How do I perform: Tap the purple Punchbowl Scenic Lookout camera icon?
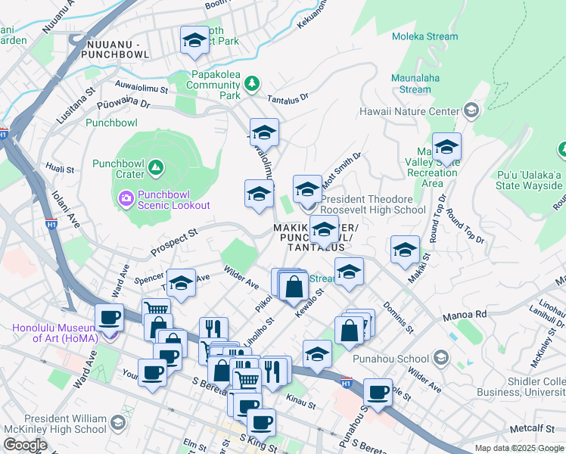(126, 199)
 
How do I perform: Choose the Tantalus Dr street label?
(288, 98)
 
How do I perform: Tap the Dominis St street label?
(398, 318)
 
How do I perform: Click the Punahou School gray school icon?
(440, 358)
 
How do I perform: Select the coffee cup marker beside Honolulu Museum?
(109, 318)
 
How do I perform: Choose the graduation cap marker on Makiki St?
(405, 250)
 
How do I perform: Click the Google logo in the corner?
(25, 445)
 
